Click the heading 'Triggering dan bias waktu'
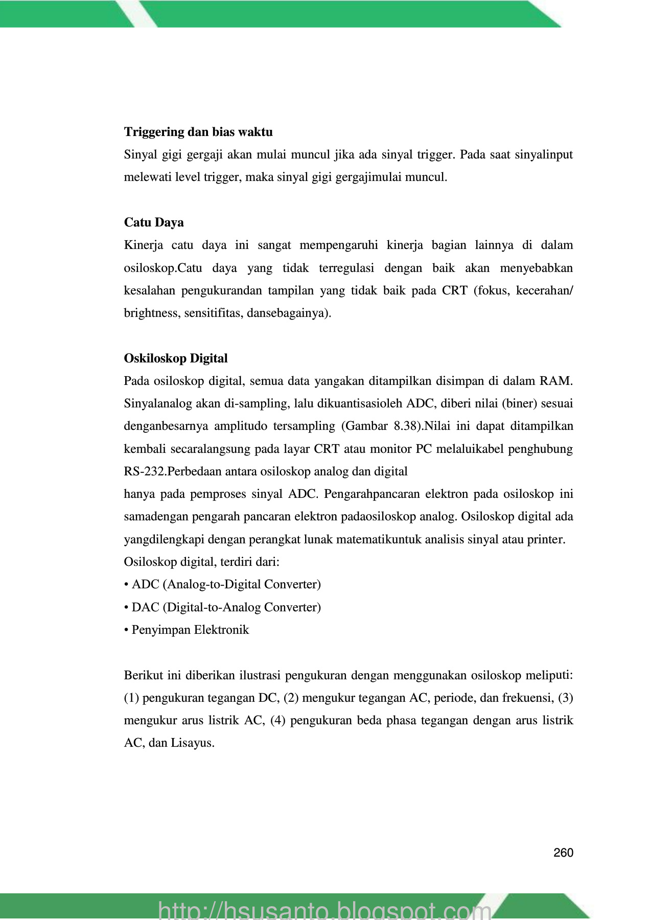(198, 132)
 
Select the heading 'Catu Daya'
(154, 222)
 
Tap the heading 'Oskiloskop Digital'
(176, 358)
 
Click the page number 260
(563, 853)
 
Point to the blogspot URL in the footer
(325, 909)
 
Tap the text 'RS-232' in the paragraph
(145, 471)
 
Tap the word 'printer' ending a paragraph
(547, 539)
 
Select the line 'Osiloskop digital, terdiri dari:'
(201, 562)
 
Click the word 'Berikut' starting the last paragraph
(143, 675)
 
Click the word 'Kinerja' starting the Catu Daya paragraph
(144, 245)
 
